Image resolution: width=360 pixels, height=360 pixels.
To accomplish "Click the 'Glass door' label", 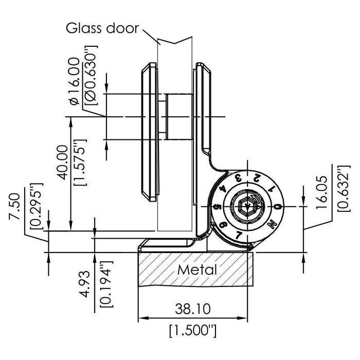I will (x=102, y=27).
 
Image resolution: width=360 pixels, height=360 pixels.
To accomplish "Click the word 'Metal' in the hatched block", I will (x=197, y=269).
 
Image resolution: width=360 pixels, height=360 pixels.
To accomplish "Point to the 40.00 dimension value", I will (x=61, y=161).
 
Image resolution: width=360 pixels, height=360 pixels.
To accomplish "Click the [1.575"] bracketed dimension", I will (x=79, y=161).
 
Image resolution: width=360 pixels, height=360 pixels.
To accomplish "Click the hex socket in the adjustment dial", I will (x=247, y=207).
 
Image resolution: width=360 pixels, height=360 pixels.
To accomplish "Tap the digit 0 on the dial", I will (x=277, y=207).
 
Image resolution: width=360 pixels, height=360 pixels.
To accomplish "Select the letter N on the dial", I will (x=272, y=223).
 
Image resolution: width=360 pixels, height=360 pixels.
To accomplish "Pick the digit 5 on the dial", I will (x=218, y=208).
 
